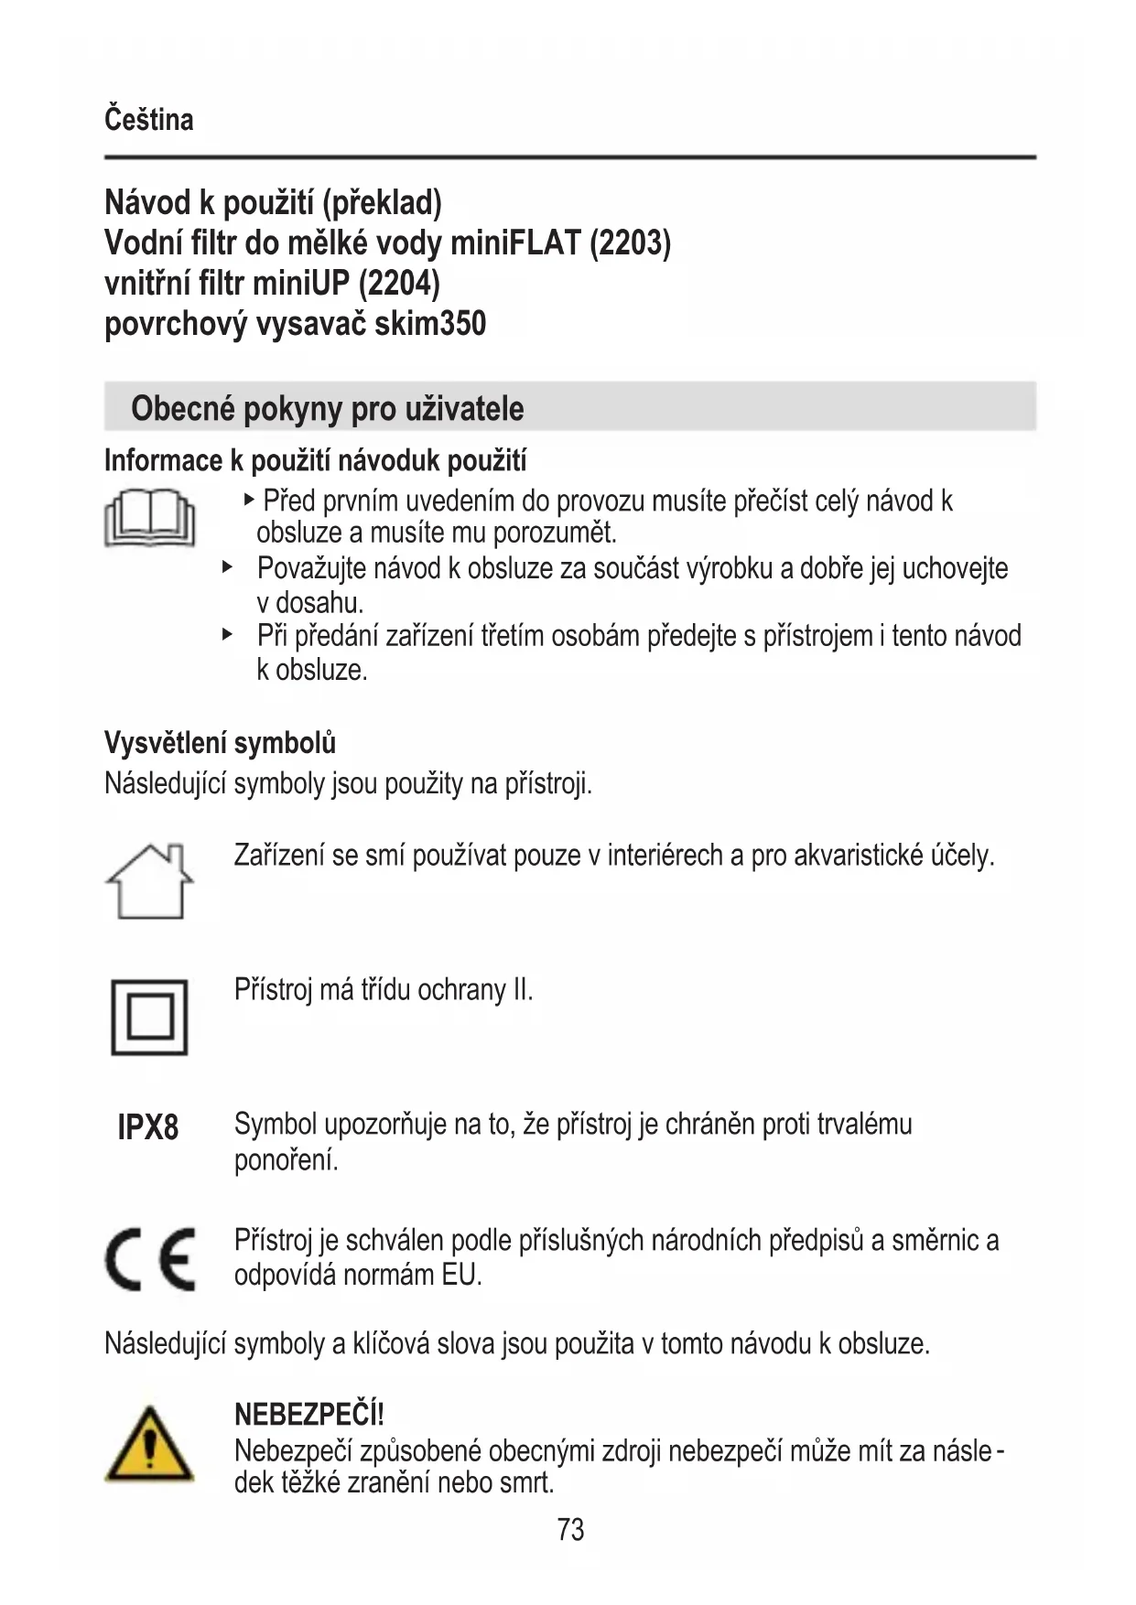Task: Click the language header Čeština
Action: click(x=148, y=120)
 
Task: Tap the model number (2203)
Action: click(x=630, y=242)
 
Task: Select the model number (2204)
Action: click(x=399, y=283)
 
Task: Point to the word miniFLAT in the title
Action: click(x=515, y=242)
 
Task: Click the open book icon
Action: click(x=149, y=519)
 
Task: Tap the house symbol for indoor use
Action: click(x=149, y=881)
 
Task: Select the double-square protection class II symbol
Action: click(x=149, y=1017)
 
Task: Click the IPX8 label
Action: click(x=148, y=1127)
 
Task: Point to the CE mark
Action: click(x=149, y=1258)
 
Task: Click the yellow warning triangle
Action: click(x=149, y=1447)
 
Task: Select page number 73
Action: click(x=569, y=1529)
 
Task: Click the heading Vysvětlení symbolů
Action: click(x=220, y=742)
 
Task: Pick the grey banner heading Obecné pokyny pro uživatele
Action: click(x=327, y=408)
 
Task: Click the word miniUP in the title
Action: click(x=300, y=283)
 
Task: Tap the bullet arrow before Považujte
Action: click(x=227, y=567)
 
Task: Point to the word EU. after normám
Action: click(x=461, y=1275)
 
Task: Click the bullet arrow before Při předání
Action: click(x=227, y=634)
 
